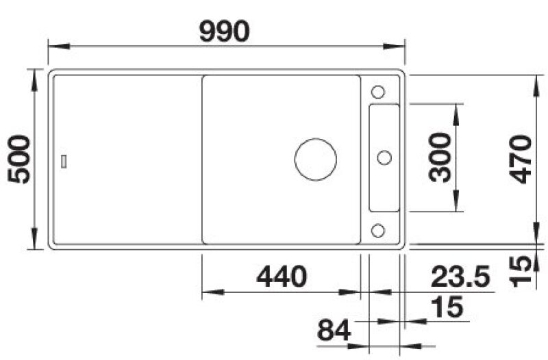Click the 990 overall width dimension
(225, 31)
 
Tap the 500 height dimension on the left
(19, 159)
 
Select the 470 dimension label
(521, 159)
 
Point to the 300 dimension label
(440, 157)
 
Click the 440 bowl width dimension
(282, 277)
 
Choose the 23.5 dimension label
(460, 277)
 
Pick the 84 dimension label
(334, 331)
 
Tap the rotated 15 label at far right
(521, 271)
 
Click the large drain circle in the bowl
(316, 159)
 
